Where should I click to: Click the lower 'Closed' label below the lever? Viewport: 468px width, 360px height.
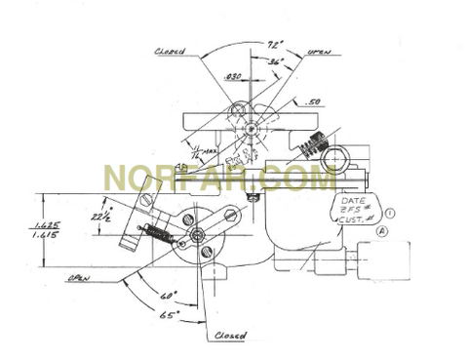point(228,336)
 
